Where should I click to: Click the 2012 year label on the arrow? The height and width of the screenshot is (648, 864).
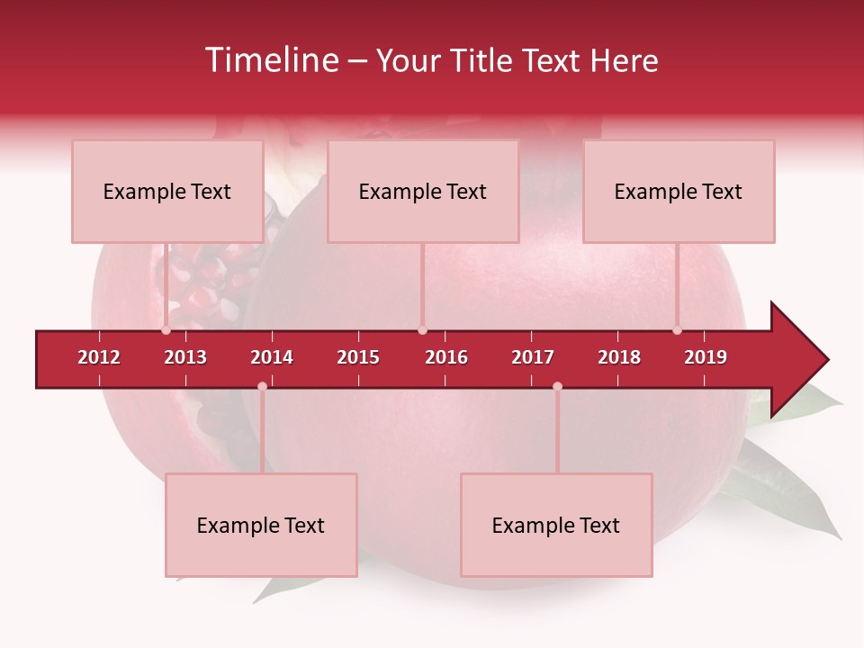click(99, 357)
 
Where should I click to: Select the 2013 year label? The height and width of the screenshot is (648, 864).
click(185, 357)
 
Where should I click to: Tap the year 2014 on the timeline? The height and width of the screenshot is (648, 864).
click(272, 357)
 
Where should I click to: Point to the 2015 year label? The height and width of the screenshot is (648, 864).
click(358, 357)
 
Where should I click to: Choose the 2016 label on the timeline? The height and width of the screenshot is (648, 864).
click(446, 357)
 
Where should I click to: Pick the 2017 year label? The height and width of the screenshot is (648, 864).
click(533, 357)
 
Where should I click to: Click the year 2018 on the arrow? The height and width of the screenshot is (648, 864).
click(619, 357)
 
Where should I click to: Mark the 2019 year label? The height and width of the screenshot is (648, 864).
click(706, 357)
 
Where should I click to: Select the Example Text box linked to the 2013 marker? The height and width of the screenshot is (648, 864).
click(166, 192)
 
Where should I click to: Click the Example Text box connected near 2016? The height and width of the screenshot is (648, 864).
click(423, 192)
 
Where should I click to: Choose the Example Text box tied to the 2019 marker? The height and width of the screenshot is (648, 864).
click(679, 192)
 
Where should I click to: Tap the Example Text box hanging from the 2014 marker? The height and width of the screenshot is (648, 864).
click(261, 526)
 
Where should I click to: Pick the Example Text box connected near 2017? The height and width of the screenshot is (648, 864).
click(556, 526)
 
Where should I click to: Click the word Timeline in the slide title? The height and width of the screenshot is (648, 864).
click(270, 60)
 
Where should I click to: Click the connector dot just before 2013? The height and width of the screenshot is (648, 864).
click(166, 330)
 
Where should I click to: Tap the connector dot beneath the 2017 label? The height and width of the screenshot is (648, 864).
click(557, 386)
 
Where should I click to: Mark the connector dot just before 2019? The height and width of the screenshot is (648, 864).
click(677, 330)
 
